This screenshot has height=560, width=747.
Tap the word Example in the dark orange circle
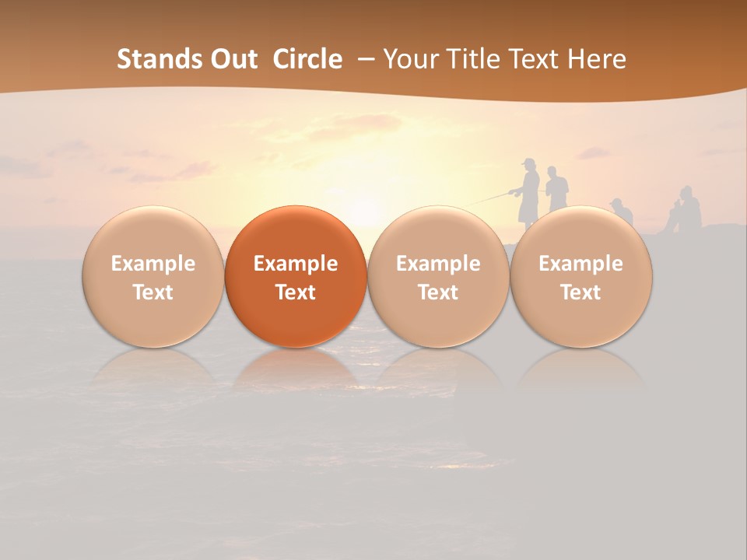coord(296,264)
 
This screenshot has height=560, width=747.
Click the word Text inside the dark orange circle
coord(296,292)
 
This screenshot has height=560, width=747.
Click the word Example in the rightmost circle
coord(580,264)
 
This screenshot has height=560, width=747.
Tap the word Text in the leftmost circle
coord(153,292)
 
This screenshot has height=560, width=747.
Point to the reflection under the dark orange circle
coord(296,369)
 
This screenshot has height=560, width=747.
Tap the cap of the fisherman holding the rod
coord(530,162)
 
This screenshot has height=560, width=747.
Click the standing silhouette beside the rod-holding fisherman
coord(556,189)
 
